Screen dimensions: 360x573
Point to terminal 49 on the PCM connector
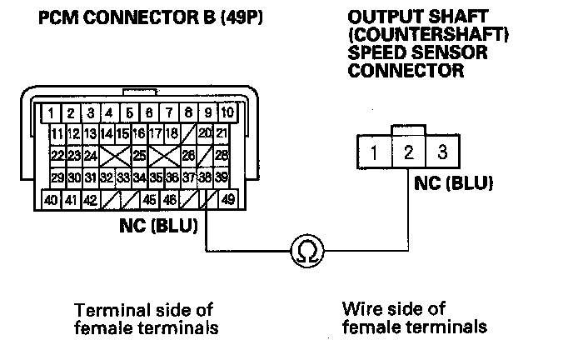(x=227, y=200)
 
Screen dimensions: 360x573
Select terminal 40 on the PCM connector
(x=52, y=200)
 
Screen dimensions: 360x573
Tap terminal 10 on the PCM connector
(x=227, y=111)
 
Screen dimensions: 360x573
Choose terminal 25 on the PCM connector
(x=140, y=155)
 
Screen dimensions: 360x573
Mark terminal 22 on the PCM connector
(x=57, y=155)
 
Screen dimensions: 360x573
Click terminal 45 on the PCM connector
(x=150, y=200)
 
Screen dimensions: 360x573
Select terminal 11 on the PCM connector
(x=57, y=133)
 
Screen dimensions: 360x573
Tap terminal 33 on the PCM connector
(x=123, y=177)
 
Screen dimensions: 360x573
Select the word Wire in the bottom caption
(x=360, y=308)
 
